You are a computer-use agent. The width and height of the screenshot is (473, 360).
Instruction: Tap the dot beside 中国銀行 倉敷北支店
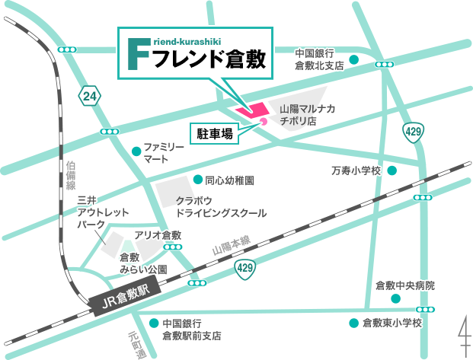click(354, 59)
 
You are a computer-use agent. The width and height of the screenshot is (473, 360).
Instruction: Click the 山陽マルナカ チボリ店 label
click(308, 115)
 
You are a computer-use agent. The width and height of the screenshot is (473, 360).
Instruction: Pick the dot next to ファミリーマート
click(136, 149)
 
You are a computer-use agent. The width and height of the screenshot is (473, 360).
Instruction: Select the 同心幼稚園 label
click(229, 181)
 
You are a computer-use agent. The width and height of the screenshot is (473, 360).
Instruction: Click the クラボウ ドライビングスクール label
click(221, 208)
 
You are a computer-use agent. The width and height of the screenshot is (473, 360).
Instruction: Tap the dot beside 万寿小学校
click(392, 170)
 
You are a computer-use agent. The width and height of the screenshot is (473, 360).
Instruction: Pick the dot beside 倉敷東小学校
click(353, 323)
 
